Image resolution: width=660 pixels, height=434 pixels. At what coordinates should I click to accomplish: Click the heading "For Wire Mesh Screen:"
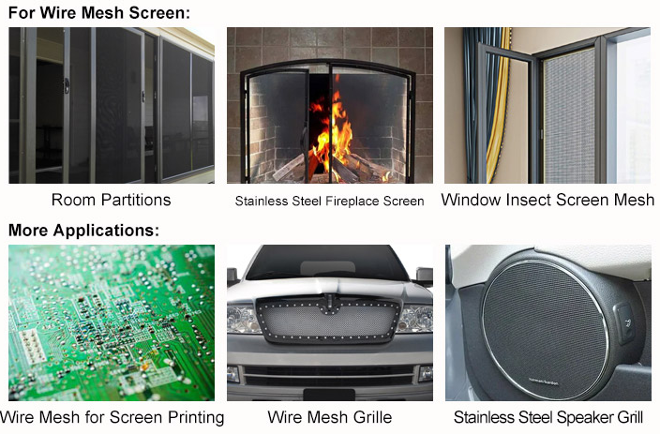pyautogui.click(x=99, y=12)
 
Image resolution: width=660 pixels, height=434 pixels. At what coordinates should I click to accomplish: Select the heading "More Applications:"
pyautogui.click(x=84, y=231)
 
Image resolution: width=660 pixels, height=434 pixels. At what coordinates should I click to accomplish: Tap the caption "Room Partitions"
pyautogui.click(x=112, y=200)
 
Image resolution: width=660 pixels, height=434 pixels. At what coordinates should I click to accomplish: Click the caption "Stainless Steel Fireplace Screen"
pyautogui.click(x=330, y=202)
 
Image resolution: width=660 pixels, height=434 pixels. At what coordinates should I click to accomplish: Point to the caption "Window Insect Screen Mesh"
pyautogui.click(x=548, y=200)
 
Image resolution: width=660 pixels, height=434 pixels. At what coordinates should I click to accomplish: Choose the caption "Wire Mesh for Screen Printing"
pyautogui.click(x=112, y=417)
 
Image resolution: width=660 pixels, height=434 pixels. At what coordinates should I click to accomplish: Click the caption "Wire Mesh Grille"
pyautogui.click(x=330, y=417)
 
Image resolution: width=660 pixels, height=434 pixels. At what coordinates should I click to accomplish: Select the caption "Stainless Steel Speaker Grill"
pyautogui.click(x=548, y=417)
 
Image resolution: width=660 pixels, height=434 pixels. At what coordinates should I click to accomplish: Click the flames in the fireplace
pyautogui.click(x=331, y=130)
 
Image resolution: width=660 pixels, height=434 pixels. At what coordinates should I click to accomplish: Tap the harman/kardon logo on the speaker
pyautogui.click(x=544, y=382)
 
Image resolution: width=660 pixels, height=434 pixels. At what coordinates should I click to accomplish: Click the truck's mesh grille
pyautogui.click(x=329, y=320)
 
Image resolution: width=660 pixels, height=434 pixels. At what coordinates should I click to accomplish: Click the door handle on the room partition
pyautogui.click(x=66, y=86)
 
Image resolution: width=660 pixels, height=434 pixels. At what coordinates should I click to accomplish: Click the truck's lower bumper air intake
pyautogui.click(x=329, y=376)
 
